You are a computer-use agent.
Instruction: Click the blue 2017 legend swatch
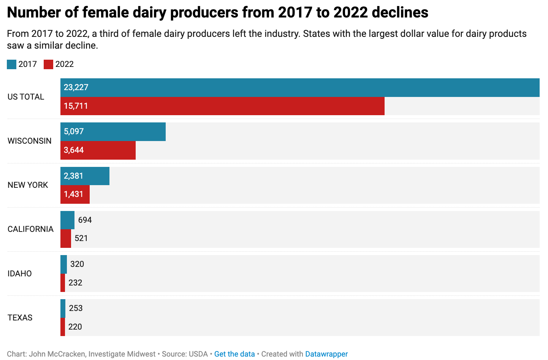coord(11,64)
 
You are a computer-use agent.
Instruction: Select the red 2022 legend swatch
coord(48,64)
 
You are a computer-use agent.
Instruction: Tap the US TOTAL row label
coord(26,97)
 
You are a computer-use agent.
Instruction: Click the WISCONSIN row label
coord(30,141)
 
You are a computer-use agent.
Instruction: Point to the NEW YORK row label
coord(28,185)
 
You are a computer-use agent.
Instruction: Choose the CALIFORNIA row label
coord(30,229)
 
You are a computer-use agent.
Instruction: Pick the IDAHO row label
coord(20,273)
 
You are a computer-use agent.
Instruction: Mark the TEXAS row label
coord(20,317)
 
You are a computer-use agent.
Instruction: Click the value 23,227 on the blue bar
coord(76,87)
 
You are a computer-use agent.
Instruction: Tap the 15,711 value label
coord(76,106)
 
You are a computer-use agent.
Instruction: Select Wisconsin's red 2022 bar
coord(98,150)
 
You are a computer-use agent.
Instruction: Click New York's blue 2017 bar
coord(85,176)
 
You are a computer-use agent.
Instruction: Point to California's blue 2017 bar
coord(68,220)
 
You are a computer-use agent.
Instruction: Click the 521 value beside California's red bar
coord(81,238)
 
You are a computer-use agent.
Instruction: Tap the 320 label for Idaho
coord(77,264)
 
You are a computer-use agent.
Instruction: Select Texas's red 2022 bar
coord(63,327)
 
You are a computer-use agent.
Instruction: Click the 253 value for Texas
coord(76,308)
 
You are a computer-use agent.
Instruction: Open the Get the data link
coord(234,354)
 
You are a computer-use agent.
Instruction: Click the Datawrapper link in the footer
coord(326,354)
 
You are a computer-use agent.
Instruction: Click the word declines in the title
coord(400,12)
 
